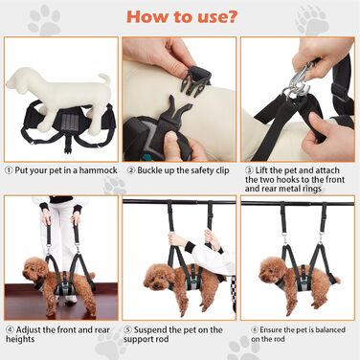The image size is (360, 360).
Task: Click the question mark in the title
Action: coord(232,17)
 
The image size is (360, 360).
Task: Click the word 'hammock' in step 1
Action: coord(99,170)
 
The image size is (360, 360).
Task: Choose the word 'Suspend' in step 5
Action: coord(148,330)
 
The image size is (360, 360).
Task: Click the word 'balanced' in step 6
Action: coord(328,329)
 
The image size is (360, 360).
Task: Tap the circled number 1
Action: coord(9,170)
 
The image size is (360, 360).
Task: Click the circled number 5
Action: coord(127,330)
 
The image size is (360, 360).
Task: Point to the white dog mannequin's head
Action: coord(18,79)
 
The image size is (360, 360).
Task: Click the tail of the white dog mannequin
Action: coord(104,79)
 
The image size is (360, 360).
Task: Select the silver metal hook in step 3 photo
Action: coord(300,79)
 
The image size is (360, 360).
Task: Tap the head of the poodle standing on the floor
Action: coord(34,270)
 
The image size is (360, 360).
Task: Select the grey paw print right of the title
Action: coord(312,19)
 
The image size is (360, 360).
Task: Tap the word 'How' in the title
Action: coord(146,17)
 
